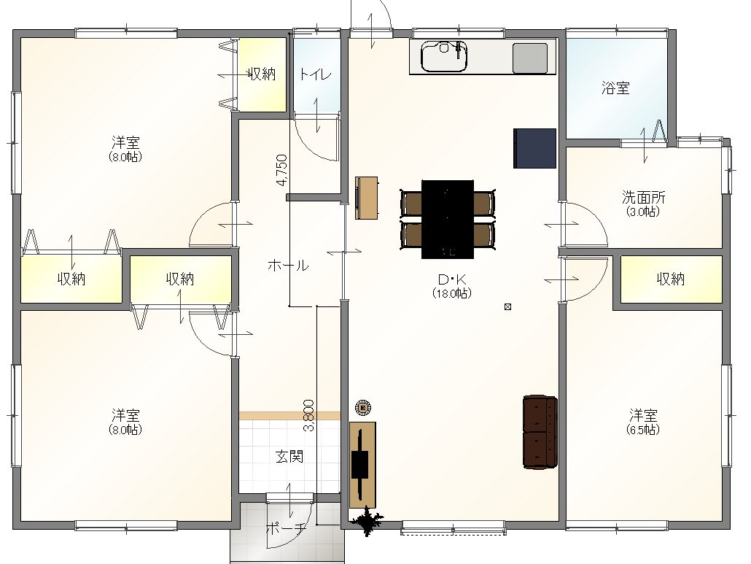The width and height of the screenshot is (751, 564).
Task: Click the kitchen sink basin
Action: tap(443, 56)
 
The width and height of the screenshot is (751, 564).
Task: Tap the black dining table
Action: tap(448, 220)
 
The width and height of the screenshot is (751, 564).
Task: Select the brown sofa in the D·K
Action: tap(540, 432)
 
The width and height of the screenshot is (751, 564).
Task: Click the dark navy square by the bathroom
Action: tap(534, 148)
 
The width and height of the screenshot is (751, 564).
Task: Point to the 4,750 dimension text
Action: tap(282, 169)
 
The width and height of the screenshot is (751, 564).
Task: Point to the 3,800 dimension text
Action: tap(309, 415)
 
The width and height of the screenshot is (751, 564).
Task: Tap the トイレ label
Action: tap(315, 74)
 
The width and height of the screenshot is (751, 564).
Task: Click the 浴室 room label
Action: tap(615, 88)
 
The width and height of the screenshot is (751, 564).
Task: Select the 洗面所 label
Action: tap(643, 197)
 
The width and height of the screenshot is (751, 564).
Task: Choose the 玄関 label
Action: tap(289, 456)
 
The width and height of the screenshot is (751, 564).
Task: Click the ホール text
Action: tap(288, 265)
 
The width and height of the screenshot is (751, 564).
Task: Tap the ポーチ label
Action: tap(286, 528)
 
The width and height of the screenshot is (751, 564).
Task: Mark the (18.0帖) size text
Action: tap(451, 293)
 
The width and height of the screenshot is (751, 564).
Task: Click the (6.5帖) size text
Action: tap(643, 430)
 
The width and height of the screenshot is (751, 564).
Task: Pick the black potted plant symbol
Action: tap(367, 520)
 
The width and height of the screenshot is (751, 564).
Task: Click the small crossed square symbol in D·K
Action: tap(507, 306)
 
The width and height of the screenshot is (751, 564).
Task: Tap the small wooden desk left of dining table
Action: tap(367, 198)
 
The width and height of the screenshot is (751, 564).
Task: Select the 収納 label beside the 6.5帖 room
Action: tap(671, 279)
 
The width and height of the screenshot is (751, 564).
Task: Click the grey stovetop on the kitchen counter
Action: tap(530, 58)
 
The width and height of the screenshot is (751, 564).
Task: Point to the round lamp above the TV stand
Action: tap(363, 408)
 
